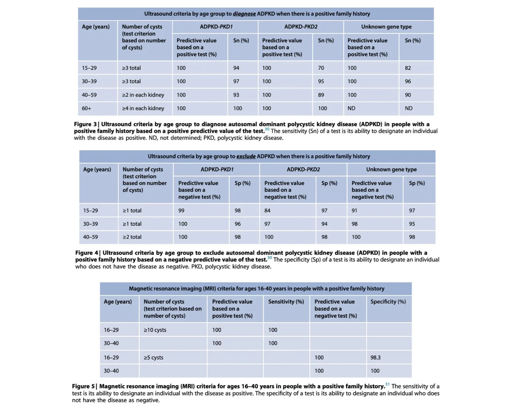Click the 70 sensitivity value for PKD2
pyautogui.click(x=321, y=68)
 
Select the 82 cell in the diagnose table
pyautogui.click(x=408, y=68)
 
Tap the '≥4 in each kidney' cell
pyautogui.click(x=143, y=108)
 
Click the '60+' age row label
pyautogui.click(x=87, y=108)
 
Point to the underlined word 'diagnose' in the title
pyautogui.click(x=244, y=14)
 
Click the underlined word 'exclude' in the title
pyautogui.click(x=246, y=157)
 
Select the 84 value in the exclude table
pyautogui.click(x=267, y=211)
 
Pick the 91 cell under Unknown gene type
pyautogui.click(x=354, y=211)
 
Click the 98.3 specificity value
pyautogui.click(x=375, y=358)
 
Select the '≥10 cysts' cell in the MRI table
pyautogui.click(x=155, y=330)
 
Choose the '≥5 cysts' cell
pyautogui.click(x=153, y=358)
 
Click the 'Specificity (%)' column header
pyautogui.click(x=388, y=302)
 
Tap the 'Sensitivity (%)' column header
pyautogui.click(x=286, y=302)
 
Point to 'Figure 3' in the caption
pyautogui.click(x=85, y=124)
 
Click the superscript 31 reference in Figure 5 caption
pyautogui.click(x=387, y=384)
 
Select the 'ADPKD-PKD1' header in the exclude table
pyautogui.click(x=217, y=170)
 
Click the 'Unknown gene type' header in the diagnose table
pyautogui.click(x=386, y=27)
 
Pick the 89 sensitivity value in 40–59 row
pyautogui.click(x=321, y=95)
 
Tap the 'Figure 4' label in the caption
pyautogui.click(x=87, y=253)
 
